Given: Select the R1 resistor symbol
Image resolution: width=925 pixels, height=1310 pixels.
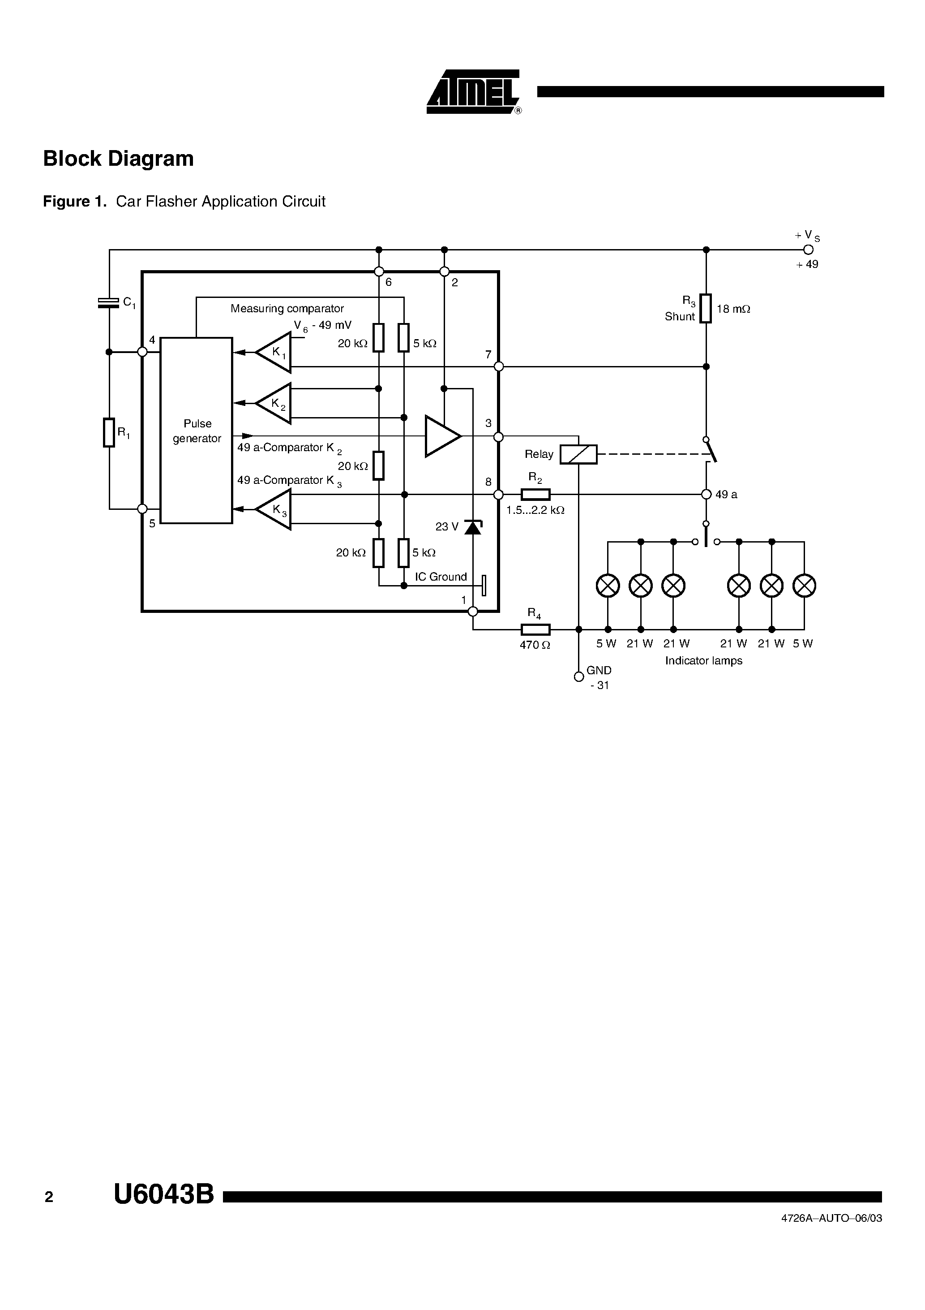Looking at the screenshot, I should [x=109, y=432].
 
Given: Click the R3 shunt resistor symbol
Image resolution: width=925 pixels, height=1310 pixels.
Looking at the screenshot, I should [x=706, y=309].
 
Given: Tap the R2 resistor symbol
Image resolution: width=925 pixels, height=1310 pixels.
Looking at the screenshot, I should [x=535, y=494].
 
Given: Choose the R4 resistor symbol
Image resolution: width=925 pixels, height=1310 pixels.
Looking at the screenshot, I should [x=535, y=629].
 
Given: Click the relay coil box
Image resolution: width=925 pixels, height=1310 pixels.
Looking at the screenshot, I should [x=578, y=454].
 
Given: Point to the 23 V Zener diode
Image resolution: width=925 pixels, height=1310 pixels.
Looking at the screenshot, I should [x=473, y=527].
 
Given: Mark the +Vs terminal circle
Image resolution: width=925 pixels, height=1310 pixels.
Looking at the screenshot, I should [x=808, y=250].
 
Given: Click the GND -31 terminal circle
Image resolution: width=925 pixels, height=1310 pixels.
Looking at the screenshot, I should [x=578, y=676].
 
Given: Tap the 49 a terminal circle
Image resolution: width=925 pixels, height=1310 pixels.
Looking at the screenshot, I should [x=706, y=494].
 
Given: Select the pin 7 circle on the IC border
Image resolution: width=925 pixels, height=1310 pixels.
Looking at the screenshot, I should [x=498, y=366].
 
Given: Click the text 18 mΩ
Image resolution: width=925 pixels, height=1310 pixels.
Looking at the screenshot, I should [x=733, y=309].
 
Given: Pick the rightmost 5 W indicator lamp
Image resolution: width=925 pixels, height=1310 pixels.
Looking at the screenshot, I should [x=804, y=586].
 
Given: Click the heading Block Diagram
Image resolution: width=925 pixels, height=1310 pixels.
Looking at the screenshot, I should [x=119, y=159].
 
